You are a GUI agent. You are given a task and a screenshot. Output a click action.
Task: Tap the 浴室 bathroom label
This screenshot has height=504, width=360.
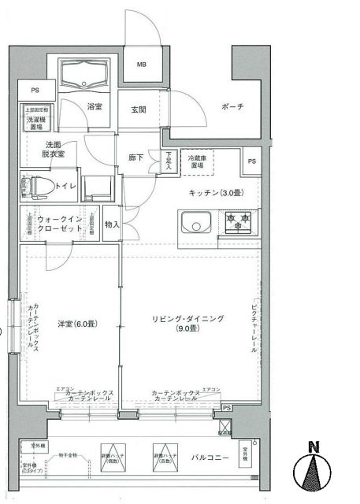pos(95,106)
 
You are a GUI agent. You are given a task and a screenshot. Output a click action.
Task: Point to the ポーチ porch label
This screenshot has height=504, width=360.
pos(232,106)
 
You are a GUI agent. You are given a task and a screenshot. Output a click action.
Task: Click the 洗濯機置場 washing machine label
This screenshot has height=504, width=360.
pos(37,122)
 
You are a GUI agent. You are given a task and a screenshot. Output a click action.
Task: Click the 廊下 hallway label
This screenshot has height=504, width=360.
pos(136,157)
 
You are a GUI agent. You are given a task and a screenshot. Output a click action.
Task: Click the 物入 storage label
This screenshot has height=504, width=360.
pos(111,224)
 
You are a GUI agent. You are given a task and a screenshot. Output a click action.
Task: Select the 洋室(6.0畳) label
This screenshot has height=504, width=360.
pos(76,324)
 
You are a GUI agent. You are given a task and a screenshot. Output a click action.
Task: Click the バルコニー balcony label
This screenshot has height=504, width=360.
pos(210,457)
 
